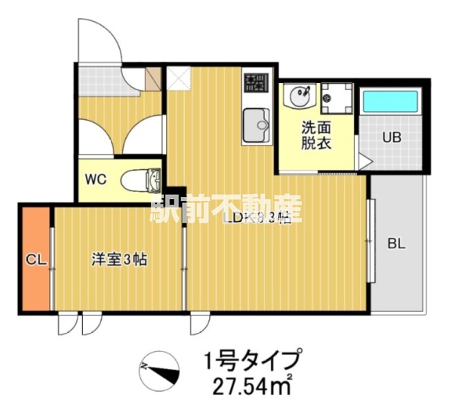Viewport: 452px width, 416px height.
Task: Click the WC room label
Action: (95, 179)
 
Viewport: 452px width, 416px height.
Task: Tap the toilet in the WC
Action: (141, 180)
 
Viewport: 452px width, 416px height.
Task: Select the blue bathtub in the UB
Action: (391, 102)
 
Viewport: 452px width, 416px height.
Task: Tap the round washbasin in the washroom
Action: (298, 96)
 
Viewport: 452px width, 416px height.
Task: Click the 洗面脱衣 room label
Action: (315, 136)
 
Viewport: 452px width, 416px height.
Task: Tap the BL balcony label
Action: (396, 244)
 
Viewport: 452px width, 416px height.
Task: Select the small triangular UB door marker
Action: (365, 161)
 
